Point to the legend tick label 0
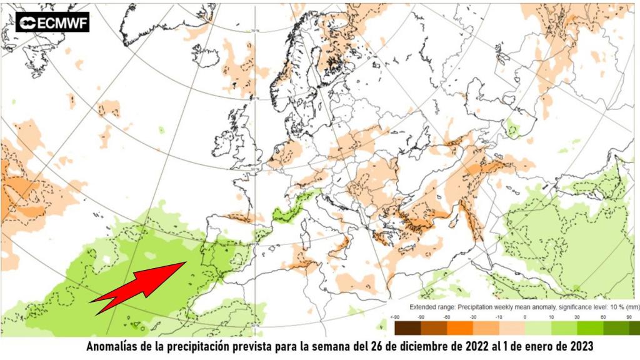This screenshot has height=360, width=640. click(x=524, y=317)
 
